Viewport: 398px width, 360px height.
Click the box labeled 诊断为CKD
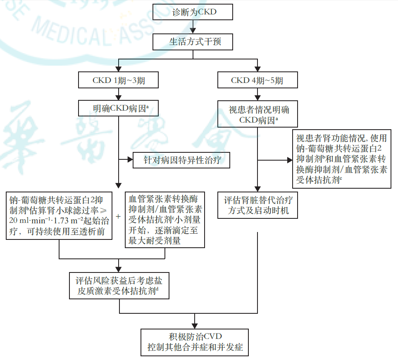[x=193, y=12]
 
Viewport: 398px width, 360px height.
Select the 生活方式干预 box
[x=193, y=42]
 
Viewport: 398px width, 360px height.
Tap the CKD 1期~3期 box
[x=119, y=80]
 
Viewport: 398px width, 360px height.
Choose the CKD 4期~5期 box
[x=257, y=80]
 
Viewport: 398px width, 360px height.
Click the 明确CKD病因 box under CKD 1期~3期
[x=119, y=109]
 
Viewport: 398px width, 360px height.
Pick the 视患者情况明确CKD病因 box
[x=258, y=115]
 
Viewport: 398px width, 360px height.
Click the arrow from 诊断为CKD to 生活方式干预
[x=193, y=27]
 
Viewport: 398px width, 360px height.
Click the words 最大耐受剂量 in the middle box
[x=155, y=240]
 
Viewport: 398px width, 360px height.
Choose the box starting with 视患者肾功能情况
[x=341, y=159]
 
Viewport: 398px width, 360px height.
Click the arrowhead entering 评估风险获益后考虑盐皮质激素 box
[x=119, y=268]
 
